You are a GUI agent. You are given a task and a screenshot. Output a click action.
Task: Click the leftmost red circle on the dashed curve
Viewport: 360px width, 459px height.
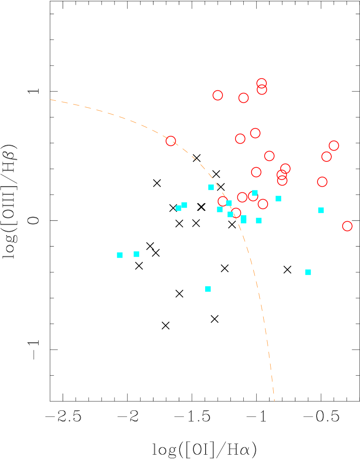[171, 141]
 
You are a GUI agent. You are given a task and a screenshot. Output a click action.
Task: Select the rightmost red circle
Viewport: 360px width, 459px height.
[347, 226]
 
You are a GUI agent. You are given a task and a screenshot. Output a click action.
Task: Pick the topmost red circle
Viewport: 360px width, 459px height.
[261, 83]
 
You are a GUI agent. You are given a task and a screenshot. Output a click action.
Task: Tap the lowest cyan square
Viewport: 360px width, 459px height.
[208, 289]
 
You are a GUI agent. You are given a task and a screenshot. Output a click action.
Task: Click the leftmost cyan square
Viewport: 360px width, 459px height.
[120, 255]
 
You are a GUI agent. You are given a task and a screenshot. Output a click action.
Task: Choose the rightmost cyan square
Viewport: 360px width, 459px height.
[321, 210]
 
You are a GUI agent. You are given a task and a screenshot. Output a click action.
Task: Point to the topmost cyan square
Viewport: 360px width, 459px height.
[211, 187]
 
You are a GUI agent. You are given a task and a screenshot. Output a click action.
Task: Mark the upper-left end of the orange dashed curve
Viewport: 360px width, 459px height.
[50, 100]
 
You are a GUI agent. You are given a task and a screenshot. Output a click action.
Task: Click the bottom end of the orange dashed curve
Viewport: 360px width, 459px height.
[274, 400]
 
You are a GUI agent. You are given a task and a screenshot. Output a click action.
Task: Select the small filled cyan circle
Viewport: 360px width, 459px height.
[178, 208]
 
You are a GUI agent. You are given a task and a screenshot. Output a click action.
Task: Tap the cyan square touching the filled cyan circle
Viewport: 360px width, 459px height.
[184, 205]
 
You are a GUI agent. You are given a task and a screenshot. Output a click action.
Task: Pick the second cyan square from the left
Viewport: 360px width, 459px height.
[136, 254]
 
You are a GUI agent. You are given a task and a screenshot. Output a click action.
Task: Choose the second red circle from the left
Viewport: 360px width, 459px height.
[218, 95]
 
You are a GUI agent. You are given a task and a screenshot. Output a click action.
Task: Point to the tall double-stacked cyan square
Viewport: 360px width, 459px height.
[243, 219]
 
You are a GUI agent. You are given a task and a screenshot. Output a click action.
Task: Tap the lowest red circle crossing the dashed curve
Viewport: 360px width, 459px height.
[236, 213]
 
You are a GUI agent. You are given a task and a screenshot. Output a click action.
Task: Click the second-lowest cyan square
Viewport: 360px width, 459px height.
[308, 272]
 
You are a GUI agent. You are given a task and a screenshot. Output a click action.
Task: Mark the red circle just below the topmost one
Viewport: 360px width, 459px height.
[262, 90]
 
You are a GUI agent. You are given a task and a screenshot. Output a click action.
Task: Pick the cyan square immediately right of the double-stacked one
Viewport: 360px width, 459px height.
[259, 220]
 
